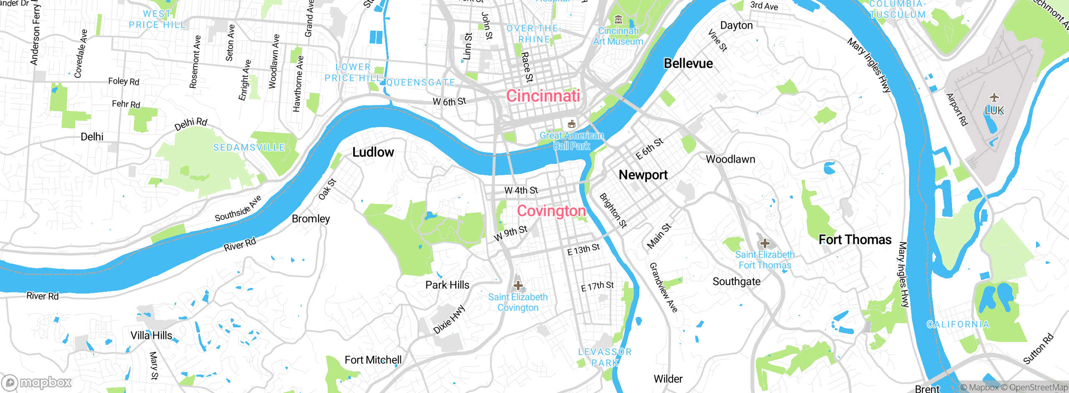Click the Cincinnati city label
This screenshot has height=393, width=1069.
[543, 96]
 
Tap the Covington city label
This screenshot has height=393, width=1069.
[551, 211]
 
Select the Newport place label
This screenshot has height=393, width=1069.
[643, 175]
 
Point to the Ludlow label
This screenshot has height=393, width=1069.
[373, 152]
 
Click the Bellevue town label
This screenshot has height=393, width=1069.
[688, 64]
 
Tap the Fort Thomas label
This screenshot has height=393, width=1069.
[855, 240]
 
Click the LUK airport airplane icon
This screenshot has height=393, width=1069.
[994, 98]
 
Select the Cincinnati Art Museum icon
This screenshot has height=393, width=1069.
[618, 20]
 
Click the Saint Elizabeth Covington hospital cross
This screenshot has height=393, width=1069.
[518, 286]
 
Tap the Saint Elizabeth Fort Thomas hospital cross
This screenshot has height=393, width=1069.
[765, 243]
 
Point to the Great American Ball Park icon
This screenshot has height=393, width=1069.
[572, 124]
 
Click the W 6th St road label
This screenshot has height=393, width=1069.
[449, 102]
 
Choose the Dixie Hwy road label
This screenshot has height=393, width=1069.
[449, 319]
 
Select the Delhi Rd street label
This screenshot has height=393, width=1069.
[191, 124]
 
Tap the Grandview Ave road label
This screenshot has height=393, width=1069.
[663, 288]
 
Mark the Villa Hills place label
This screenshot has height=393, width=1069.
[151, 335]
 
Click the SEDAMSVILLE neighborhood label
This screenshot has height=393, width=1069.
[249, 148]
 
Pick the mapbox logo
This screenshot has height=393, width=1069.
[37, 382]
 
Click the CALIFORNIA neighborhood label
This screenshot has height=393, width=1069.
[958, 324]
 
